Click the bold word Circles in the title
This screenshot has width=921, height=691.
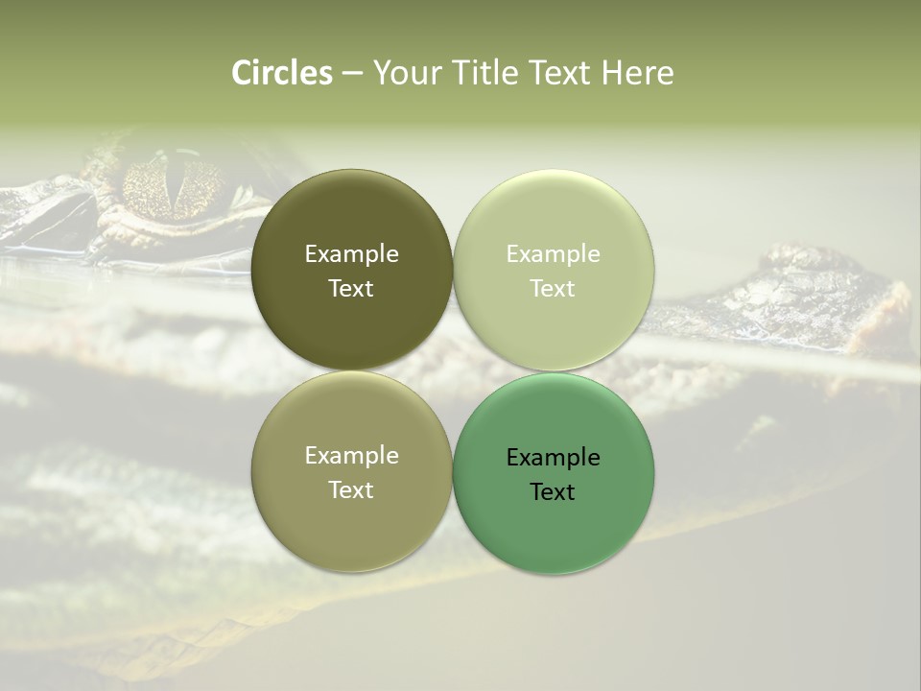281,73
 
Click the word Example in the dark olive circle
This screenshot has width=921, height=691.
351,253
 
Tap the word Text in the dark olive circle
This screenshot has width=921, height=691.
351,288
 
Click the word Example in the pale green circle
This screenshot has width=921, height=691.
553,253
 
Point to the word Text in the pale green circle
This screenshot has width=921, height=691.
553,288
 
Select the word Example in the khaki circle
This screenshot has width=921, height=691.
351,455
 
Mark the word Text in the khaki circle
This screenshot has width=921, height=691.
351,489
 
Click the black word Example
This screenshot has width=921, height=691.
553,457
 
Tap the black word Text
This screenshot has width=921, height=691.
553,491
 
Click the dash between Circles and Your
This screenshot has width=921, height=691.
352,74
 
